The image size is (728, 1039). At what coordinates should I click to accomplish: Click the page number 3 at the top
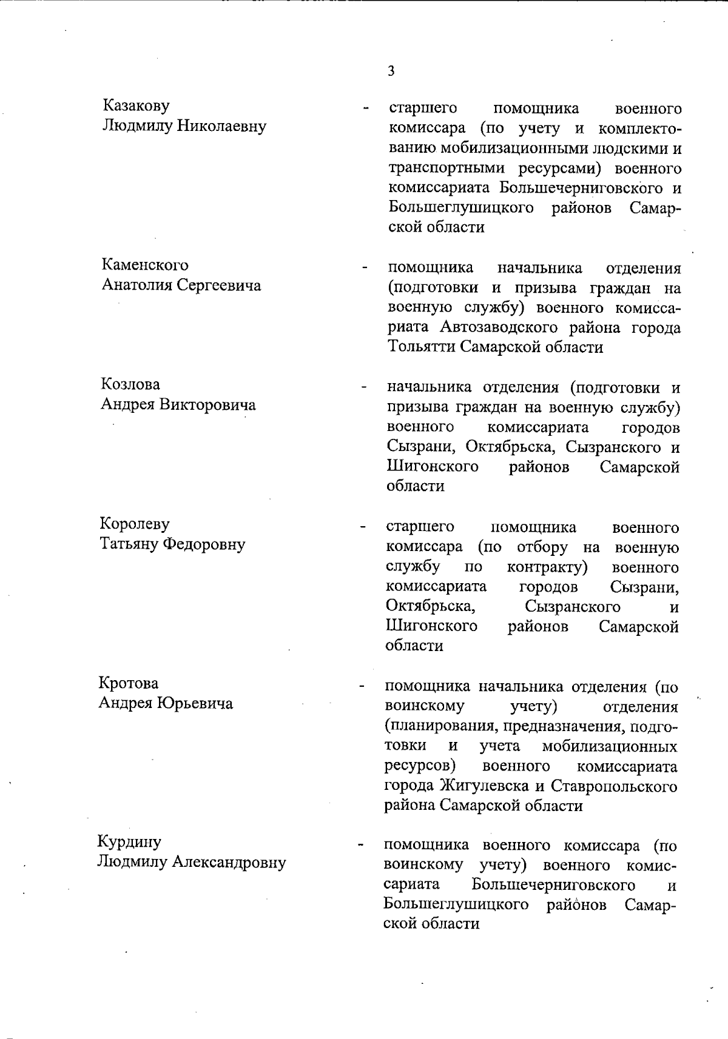tap(391, 71)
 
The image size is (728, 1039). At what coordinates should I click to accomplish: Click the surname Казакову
tap(136, 105)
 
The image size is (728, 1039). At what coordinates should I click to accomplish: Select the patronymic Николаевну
tap(221, 126)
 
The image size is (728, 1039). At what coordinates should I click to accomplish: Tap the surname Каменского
tap(144, 265)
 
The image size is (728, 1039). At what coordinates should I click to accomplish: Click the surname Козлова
tap(130, 384)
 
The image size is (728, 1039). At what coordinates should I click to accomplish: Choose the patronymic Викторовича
tap(207, 404)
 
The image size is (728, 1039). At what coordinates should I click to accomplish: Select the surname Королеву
tap(134, 524)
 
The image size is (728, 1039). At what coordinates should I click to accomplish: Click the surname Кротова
tap(129, 683)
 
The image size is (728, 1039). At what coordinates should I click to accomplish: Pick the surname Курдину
tap(129, 842)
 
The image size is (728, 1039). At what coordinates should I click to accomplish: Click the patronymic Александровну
tap(229, 862)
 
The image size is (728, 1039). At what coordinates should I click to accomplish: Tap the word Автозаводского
tap(499, 328)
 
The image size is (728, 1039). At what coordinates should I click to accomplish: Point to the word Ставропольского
tap(614, 786)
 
